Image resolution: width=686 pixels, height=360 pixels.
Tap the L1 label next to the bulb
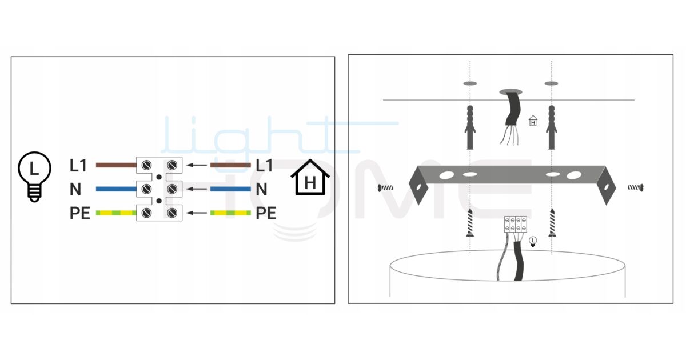point(78,166)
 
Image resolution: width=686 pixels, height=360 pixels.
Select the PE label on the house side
point(266,213)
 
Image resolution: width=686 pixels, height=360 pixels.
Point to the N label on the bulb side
point(75,189)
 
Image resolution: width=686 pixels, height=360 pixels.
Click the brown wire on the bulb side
point(116,165)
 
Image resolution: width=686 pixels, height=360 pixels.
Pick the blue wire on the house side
point(230,189)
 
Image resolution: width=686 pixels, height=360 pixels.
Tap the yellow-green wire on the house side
point(230,213)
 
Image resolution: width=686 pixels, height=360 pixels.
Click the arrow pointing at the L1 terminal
point(197,165)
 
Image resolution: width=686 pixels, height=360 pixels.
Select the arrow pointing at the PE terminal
point(197,213)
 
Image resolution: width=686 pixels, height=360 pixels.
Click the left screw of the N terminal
point(146,189)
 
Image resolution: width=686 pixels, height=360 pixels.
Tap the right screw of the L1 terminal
point(172,165)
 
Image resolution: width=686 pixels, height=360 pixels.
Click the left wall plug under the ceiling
point(470,127)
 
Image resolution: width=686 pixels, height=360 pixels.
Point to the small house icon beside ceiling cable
point(533,121)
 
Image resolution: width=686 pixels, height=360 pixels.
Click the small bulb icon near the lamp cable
point(533,242)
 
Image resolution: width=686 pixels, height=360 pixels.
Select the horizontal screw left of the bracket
point(385,187)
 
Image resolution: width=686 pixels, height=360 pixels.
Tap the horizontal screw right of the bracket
point(636,187)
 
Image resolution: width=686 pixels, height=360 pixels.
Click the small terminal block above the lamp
point(516,225)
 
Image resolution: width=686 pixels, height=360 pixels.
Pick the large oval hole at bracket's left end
point(446,175)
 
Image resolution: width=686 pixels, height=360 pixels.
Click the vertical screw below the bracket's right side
point(552,223)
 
